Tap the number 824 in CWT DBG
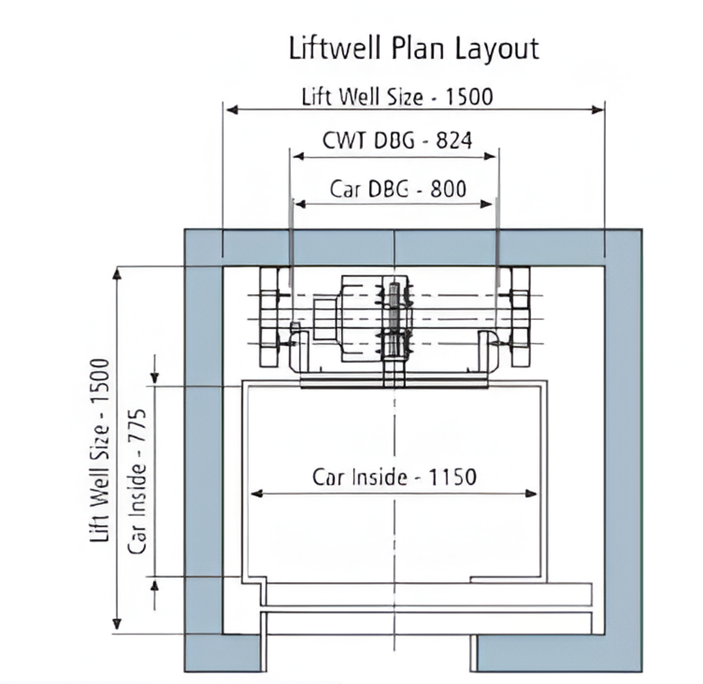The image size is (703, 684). [454, 141]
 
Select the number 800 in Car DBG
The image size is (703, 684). [448, 189]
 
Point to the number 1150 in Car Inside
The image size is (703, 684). [453, 477]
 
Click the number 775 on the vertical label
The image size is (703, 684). [137, 426]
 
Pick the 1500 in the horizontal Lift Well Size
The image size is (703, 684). [469, 97]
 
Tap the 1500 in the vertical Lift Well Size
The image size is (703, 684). [100, 382]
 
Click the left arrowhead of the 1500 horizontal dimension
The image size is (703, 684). [232, 110]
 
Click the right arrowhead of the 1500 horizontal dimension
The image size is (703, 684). [598, 110]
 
